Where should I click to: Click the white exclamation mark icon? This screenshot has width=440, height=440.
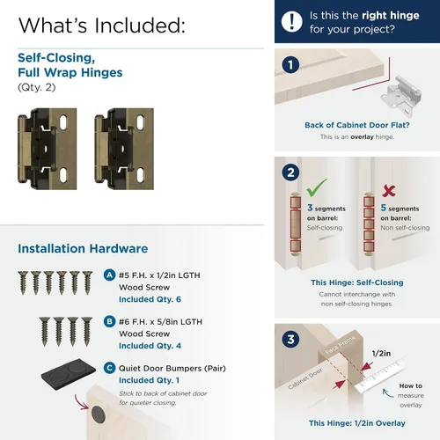tap(291, 22)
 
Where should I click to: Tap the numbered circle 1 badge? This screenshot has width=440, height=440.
tap(290, 65)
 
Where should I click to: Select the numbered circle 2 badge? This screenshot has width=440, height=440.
tap(290, 172)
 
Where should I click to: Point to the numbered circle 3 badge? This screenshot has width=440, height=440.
tap(290, 340)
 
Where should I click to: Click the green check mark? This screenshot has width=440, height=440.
tap(316, 187)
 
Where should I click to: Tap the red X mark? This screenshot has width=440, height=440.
tap(389, 191)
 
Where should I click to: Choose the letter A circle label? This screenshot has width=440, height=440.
tap(109, 275)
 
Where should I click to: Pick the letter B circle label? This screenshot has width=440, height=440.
tap(109, 321)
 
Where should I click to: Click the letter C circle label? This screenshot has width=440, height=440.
tap(109, 368)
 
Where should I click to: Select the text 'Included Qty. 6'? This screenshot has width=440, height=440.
tap(150, 299)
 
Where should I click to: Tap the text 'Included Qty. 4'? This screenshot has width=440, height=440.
tap(150, 346)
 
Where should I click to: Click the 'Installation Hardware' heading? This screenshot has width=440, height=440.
tap(83, 248)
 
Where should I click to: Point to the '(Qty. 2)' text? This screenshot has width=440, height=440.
tap(37, 87)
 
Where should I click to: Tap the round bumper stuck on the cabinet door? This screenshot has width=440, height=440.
tap(99, 414)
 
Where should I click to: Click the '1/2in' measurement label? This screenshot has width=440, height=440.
tap(381, 354)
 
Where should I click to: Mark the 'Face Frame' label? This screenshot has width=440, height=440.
tap(340, 346)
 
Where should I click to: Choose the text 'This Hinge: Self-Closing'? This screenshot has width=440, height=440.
tap(357, 282)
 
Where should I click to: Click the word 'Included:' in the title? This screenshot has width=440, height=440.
tap(140, 26)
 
